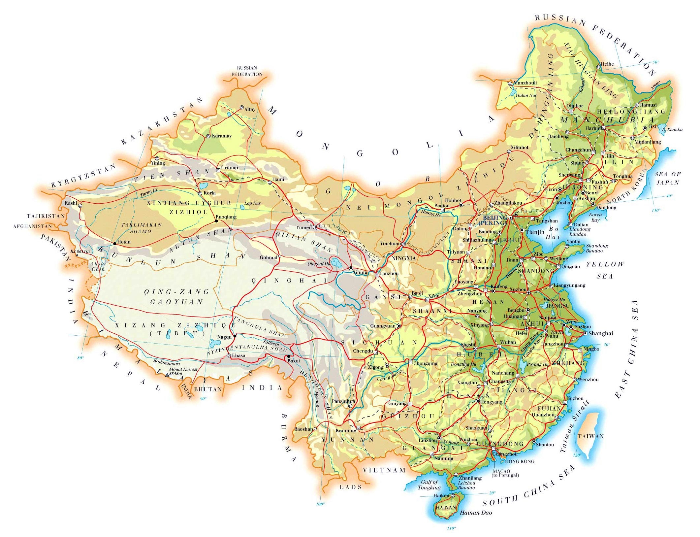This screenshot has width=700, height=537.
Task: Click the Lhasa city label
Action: (x=239, y=355)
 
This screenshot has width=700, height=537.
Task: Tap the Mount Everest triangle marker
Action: (x=167, y=375)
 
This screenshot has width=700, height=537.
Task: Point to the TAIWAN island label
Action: (x=590, y=436)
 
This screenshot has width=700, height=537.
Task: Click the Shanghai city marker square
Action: (x=585, y=333)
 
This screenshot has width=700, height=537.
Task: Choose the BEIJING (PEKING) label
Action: (x=495, y=220)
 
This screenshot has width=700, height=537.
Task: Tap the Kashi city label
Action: (x=71, y=203)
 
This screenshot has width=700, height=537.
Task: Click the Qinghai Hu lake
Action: (x=336, y=263)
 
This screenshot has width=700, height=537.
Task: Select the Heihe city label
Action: (x=607, y=64)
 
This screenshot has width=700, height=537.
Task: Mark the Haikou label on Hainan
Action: (x=441, y=495)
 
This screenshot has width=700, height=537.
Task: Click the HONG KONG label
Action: (x=520, y=461)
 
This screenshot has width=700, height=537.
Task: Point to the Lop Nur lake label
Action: (x=252, y=203)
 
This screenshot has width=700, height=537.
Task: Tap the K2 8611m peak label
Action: (x=80, y=251)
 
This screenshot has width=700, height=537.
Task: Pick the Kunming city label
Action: (x=346, y=430)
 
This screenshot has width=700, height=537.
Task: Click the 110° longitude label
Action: (x=451, y=528)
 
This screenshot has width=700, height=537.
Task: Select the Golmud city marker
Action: (x=279, y=256)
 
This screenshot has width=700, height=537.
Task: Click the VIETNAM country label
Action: (x=384, y=470)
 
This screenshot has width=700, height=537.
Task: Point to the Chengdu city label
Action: (x=363, y=351)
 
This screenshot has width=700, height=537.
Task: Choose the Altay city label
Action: (x=250, y=109)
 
